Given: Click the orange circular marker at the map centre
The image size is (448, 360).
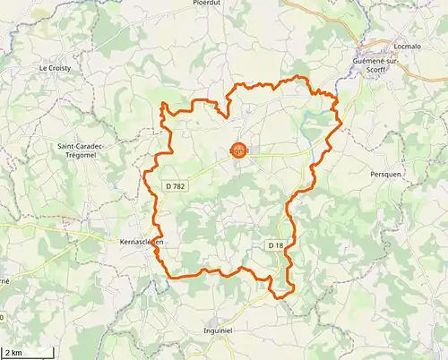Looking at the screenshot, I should pyautogui.click(x=238, y=151).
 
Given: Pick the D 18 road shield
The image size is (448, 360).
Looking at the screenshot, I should pyautogui.click(x=275, y=244).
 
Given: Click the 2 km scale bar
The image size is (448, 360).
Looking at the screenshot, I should pyautogui.click(x=25, y=353).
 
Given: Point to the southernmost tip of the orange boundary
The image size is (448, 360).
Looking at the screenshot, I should pyautogui.click(x=280, y=297).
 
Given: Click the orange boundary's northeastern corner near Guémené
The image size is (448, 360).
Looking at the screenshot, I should pyautogui.click(x=337, y=99).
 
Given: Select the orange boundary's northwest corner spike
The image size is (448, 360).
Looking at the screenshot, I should pyautogui.click(x=162, y=106).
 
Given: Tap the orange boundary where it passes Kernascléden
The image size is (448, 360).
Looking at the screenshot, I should pyautogui.click(x=156, y=244).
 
